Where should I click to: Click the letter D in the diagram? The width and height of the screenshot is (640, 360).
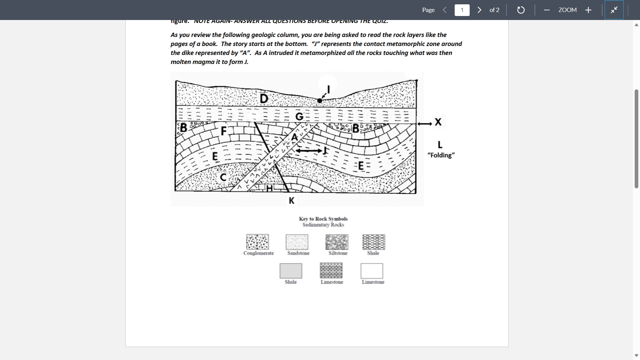click(264, 99)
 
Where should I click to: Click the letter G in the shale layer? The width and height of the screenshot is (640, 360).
click(299, 117)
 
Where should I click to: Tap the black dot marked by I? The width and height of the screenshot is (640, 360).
click(320, 101)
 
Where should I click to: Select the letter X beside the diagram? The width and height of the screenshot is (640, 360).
click(438, 122)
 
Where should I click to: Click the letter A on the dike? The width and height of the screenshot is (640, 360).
click(294, 137)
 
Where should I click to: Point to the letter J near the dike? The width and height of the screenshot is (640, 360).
click(325, 151)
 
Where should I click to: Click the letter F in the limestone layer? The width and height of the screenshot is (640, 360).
click(224, 131)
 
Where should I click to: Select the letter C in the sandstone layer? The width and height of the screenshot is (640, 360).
click(223, 178)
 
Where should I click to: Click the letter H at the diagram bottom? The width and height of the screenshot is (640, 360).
click(269, 189)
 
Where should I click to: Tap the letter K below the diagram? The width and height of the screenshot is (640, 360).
click(292, 201)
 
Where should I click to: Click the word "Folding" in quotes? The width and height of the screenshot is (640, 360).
click(441, 155)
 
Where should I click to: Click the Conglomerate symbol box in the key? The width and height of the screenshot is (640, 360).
click(257, 242)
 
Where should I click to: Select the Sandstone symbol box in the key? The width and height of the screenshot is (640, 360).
click(297, 242)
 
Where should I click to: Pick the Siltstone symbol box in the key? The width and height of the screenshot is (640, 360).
click(337, 242)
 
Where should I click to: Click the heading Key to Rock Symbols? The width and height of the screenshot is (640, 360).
click(323, 219)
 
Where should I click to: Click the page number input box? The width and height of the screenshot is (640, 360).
click(462, 10)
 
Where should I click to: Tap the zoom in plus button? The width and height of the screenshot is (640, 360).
click(588, 10)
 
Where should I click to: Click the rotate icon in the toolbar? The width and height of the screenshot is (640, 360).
click(521, 10)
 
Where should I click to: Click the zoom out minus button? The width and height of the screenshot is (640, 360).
click(547, 10)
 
